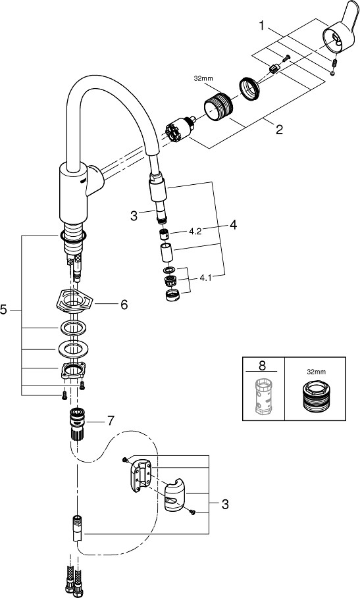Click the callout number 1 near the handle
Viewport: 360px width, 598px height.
(262, 26)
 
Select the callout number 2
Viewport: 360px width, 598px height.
(279, 130)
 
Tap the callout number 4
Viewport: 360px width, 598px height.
(233, 224)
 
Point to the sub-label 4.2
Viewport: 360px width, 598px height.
(195, 232)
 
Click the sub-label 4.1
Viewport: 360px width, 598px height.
(205, 278)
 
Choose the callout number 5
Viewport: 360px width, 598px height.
(3, 310)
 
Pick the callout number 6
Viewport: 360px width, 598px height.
(124, 305)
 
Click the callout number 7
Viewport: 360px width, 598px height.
(110, 420)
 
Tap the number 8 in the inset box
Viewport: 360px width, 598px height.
(262, 365)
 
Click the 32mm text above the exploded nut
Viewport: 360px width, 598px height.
(203, 79)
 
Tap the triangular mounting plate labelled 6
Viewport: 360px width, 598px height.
(73, 301)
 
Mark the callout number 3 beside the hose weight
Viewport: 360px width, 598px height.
(225, 504)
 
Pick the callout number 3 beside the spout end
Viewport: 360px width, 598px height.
(134, 216)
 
